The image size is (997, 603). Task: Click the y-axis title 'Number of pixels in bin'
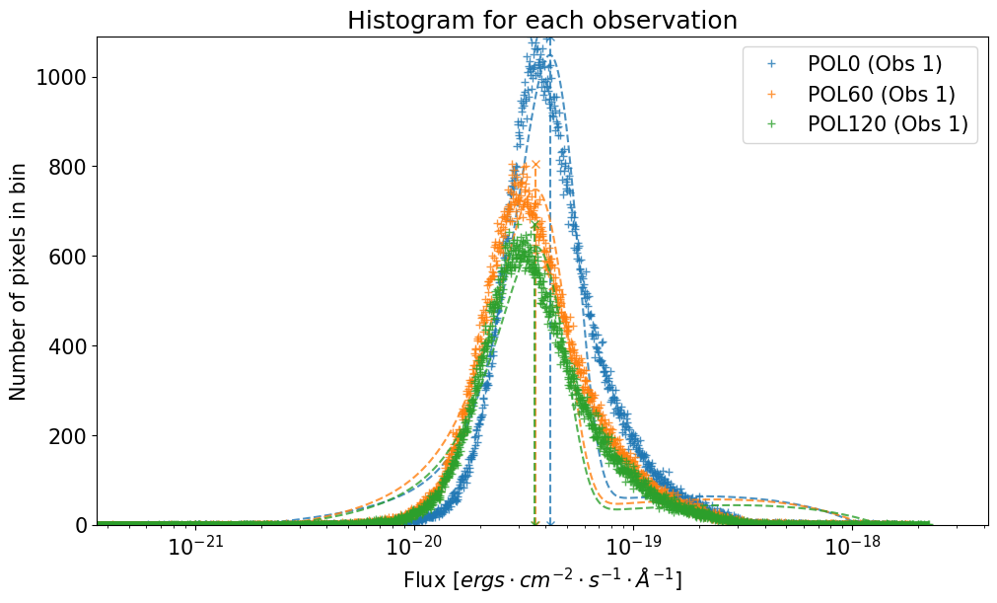(19, 280)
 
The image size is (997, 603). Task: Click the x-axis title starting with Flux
(541, 579)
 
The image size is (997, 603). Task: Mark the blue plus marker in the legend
(772, 64)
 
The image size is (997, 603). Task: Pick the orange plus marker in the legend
(772, 95)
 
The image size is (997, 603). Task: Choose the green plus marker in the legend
(772, 124)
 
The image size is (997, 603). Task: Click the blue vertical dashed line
(549, 296)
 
